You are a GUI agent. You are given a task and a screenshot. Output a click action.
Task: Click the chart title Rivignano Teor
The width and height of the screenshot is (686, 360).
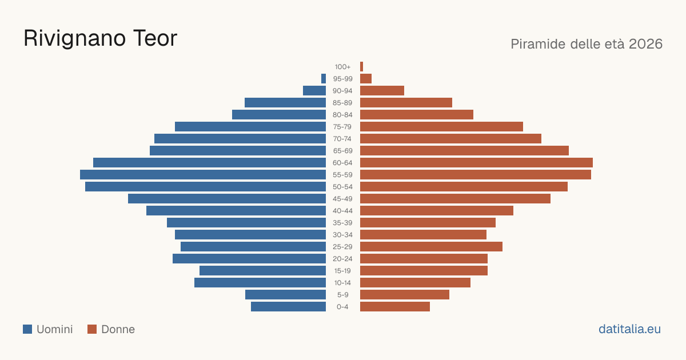(101, 39)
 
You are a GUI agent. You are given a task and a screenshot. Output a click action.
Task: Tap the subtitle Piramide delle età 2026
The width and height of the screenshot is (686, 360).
(587, 44)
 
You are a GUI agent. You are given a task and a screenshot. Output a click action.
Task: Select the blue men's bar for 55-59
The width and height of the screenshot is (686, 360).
(203, 174)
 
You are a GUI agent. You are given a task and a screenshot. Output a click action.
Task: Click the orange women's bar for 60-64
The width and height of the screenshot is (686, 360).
(476, 162)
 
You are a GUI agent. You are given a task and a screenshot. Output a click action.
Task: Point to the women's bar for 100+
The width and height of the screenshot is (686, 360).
(361, 66)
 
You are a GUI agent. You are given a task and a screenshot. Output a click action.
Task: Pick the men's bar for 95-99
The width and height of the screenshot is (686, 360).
(324, 78)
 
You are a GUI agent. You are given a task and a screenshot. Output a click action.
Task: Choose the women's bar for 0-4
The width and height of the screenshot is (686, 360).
(395, 306)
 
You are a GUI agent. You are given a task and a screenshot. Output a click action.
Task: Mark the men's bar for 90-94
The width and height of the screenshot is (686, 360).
(314, 91)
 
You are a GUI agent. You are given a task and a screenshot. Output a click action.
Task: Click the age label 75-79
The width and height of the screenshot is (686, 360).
(342, 127)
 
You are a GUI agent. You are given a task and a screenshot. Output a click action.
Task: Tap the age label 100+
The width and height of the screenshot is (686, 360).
(342, 67)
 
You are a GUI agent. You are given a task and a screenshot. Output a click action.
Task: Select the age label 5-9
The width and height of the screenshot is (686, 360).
(342, 295)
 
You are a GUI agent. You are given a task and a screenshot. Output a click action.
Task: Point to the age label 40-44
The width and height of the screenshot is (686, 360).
(342, 211)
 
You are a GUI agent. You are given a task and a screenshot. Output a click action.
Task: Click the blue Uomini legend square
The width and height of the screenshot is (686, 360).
(27, 329)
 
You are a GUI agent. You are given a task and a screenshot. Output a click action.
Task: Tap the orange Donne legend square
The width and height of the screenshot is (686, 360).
(92, 329)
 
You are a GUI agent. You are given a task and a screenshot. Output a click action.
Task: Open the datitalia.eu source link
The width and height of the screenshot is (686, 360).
(629, 329)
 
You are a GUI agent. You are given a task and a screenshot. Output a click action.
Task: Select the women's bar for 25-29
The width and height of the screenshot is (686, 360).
(431, 247)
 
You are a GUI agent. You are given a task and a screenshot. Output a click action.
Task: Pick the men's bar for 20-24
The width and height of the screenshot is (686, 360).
(249, 259)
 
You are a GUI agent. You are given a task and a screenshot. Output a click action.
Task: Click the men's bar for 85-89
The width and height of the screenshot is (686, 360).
(285, 102)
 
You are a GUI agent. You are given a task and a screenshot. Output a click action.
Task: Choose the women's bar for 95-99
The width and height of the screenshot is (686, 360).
(366, 78)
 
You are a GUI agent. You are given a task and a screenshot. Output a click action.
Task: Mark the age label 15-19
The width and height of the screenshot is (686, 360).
(342, 271)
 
